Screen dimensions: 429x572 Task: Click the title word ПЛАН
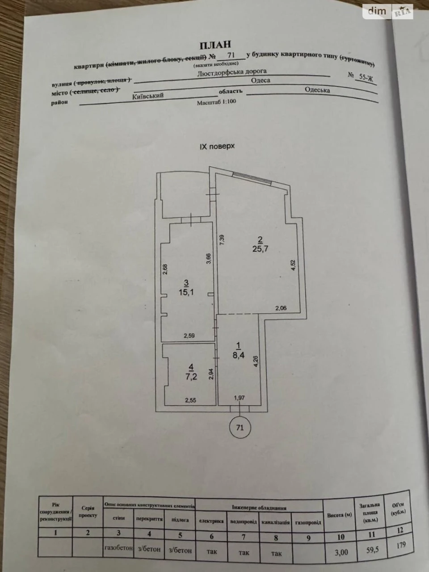(x=215, y=45)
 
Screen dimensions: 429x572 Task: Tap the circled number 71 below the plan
(x=240, y=428)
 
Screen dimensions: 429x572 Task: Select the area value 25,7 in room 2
(x=260, y=248)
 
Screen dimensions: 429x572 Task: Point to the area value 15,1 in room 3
(x=186, y=293)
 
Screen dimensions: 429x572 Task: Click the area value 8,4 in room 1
(x=238, y=355)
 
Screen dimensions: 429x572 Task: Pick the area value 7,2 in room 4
(x=191, y=377)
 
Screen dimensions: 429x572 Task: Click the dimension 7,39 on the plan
(x=222, y=240)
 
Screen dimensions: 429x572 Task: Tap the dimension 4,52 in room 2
(x=293, y=265)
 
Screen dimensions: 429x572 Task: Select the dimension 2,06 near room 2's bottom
(x=281, y=308)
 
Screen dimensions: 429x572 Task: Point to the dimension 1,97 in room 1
(x=240, y=398)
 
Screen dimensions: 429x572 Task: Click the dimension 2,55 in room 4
(x=191, y=400)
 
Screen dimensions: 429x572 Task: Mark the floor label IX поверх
(x=217, y=147)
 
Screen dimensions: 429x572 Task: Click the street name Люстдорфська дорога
(x=232, y=72)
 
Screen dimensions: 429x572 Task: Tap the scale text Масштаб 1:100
(x=216, y=102)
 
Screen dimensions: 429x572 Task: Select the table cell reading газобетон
(x=118, y=547)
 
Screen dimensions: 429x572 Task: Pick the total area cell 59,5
(x=371, y=550)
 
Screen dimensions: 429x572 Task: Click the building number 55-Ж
(x=366, y=78)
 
